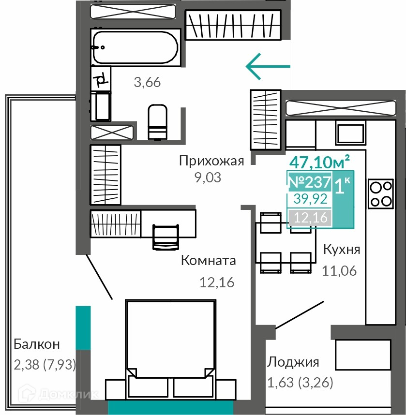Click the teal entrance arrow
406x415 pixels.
pyautogui.click(x=268, y=66)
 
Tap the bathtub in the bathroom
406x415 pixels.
pyautogui.click(x=135, y=47)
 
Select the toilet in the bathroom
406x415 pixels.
pyautogui.click(x=158, y=122)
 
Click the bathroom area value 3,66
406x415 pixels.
pyautogui.click(x=147, y=82)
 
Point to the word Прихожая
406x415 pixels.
pyautogui.click(x=211, y=161)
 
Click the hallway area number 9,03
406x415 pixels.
pyautogui.click(x=208, y=178)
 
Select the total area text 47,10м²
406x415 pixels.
pyautogui.click(x=319, y=162)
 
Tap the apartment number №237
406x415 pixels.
pyautogui.click(x=310, y=182)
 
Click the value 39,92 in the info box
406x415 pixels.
pyautogui.click(x=311, y=199)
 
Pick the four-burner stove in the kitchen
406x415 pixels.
pyautogui.click(x=381, y=193)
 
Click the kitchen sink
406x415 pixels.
pyautogui.click(x=350, y=134)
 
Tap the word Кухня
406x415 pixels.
pyautogui.click(x=342, y=249)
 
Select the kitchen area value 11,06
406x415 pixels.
pyautogui.click(x=339, y=271)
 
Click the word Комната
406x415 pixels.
pyautogui.click(x=209, y=260)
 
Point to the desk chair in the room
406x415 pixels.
pyautogui.click(x=165, y=237)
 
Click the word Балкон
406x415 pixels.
pyautogui.click(x=37, y=344)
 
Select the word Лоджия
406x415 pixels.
pyautogui.click(x=293, y=362)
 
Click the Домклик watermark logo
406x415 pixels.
pyautogui.click(x=60, y=395)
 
